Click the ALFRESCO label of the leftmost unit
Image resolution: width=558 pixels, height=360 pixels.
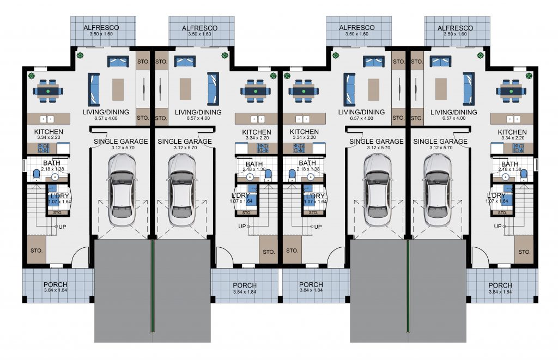101,27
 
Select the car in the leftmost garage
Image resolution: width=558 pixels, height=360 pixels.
122,190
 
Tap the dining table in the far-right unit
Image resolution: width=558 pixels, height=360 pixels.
511,91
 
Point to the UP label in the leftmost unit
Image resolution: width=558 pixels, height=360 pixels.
62,227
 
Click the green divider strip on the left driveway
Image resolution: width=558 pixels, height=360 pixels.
153,286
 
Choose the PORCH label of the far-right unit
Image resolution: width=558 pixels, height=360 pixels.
500,285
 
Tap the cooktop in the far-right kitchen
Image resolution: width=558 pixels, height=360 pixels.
518,148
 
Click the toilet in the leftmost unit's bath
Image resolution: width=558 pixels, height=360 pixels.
37,175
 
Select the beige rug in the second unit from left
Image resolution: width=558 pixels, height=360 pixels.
185,89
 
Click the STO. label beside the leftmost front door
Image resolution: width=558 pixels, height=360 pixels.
37,251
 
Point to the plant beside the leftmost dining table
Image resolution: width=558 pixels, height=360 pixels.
31,75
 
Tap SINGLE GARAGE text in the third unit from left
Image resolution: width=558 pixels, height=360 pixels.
377,141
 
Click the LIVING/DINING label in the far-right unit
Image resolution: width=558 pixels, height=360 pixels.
454,112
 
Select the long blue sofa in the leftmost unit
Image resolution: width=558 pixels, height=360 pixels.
94,89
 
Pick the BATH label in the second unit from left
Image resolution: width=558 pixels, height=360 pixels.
254,164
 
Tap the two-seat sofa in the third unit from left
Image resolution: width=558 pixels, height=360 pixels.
374,61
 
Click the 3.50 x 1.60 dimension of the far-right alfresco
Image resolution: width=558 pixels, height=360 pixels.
455,34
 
